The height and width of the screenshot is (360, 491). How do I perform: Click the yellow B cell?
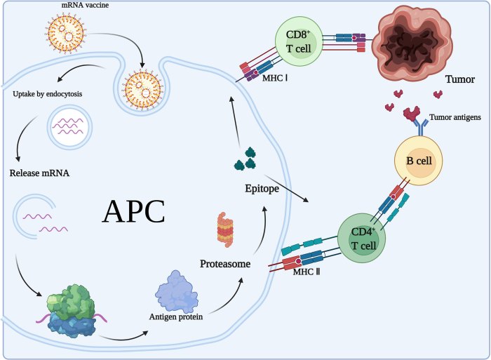[x=419, y=159]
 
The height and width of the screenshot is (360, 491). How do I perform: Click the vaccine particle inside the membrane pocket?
[x=143, y=87]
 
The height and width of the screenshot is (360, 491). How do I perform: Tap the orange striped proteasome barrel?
[x=223, y=229]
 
